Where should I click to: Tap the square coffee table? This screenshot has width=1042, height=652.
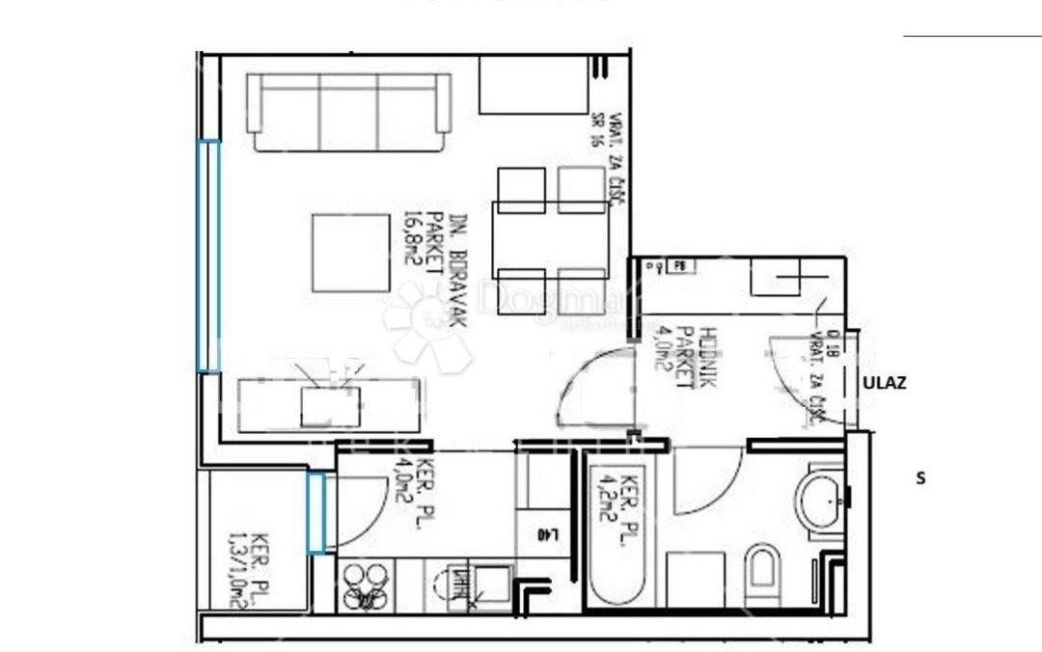(350, 253)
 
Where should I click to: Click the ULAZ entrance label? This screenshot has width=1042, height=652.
(884, 382)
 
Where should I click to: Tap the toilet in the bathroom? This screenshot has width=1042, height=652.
(763, 575)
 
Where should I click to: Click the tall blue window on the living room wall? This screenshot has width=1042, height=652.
(208, 256)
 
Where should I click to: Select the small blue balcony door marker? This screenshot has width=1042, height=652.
(316, 511)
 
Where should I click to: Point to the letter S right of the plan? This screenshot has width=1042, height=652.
(920, 476)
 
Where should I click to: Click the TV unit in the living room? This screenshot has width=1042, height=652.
(330, 405)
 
